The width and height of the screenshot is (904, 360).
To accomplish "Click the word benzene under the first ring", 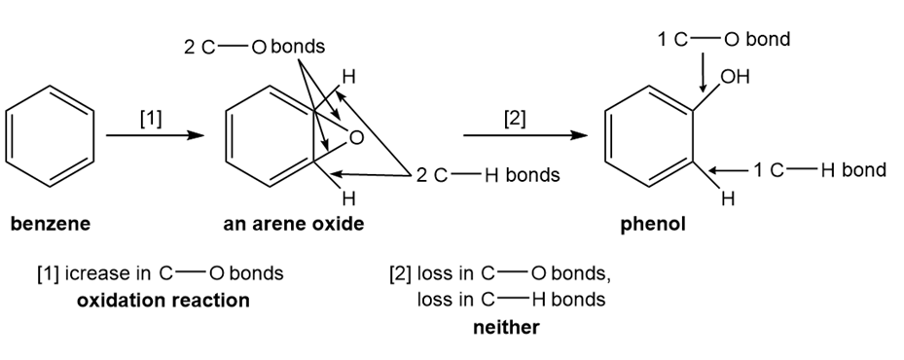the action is point(51,224).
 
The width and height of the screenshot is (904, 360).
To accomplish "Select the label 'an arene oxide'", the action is point(294,224).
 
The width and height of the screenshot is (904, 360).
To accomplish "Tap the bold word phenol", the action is point(653,225).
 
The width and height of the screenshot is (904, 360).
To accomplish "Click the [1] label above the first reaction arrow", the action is point(151,119).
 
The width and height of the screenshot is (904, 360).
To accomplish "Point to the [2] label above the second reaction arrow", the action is point(515,119).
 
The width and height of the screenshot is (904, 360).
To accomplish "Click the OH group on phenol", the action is point(735,77).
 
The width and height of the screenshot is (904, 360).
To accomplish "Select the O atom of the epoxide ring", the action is point(357,138).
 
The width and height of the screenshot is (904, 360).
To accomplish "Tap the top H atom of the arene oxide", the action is point(348,77).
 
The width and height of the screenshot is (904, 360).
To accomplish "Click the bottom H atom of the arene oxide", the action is point(348,199).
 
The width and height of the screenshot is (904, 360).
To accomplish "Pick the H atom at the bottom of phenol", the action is point(728,199).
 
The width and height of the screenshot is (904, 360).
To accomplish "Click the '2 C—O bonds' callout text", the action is point(254,47).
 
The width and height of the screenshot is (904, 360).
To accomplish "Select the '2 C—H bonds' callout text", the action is point(488,175).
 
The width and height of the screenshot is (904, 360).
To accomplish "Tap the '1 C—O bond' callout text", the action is point(724,39).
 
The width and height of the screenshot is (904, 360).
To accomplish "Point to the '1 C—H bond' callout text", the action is point(819,170).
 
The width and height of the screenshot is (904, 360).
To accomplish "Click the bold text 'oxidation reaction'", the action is point(163,301).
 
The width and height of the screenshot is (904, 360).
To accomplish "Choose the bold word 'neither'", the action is point(506,327).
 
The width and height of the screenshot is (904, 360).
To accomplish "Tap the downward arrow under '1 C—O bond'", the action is point(703,73).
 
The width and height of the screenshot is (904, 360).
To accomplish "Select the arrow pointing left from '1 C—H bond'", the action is point(729,170).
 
